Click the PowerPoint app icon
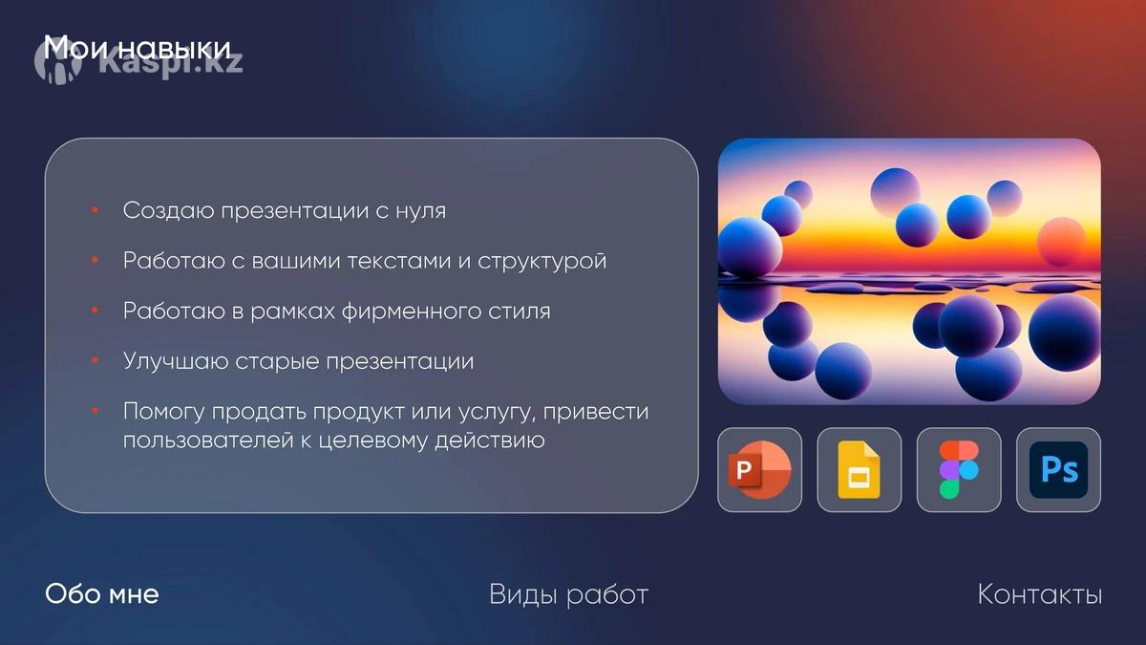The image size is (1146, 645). tap(760, 469)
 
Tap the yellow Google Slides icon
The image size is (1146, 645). tap(859, 469)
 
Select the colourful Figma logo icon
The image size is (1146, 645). tap(959, 469)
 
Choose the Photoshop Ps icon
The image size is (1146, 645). tap(1058, 469)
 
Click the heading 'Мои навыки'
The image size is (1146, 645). tap(138, 48)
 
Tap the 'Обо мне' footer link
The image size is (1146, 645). tap(102, 594)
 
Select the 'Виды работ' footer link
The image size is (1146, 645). tap(569, 594)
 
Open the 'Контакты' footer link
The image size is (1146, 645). tap(1040, 594)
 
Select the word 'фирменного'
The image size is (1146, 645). tap(412, 311)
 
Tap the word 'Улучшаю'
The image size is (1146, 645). tap(176, 361)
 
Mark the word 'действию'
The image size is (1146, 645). tap(490, 441)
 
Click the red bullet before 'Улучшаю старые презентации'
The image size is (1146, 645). tap(95, 360)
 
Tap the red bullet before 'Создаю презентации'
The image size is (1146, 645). tap(95, 209)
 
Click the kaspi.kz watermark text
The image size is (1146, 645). tap(171, 64)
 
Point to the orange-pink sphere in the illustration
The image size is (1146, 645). tap(1062, 242)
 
